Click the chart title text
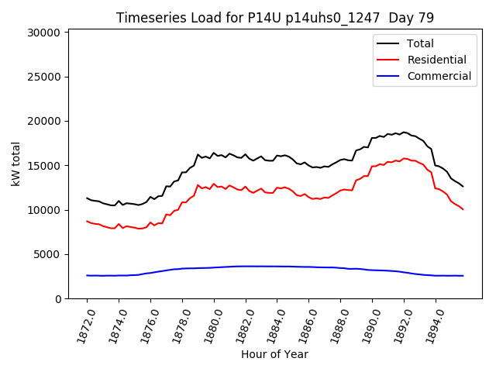pyautogui.click(x=275, y=18)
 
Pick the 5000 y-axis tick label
pyautogui.click(x=47, y=254)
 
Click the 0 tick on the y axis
pyautogui.click(x=58, y=299)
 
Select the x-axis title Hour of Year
pyautogui.click(x=274, y=354)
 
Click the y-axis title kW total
pyautogui.click(x=15, y=164)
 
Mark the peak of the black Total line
pyautogui.click(x=404, y=133)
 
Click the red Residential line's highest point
pyautogui.click(x=405, y=158)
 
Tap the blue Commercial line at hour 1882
pyautogui.click(x=246, y=266)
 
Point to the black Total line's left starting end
pyautogui.click(x=87, y=198)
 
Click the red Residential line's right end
pyautogui.click(x=463, y=209)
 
